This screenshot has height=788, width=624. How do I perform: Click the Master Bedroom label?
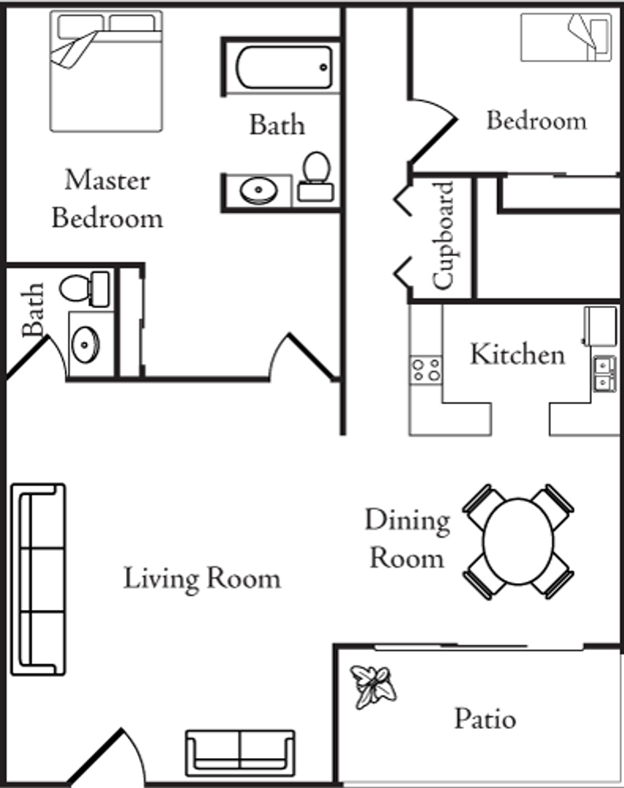(x=107, y=198)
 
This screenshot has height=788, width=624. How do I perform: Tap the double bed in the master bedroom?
(x=107, y=71)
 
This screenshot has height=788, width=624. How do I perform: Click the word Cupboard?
(x=444, y=235)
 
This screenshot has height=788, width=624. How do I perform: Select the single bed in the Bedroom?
(x=566, y=37)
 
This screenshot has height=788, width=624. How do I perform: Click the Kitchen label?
(x=517, y=355)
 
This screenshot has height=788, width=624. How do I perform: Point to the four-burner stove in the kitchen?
(x=425, y=368)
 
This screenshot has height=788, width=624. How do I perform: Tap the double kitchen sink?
(x=604, y=372)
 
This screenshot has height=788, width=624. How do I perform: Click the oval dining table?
(x=518, y=541)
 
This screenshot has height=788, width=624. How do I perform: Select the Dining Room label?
(x=407, y=539)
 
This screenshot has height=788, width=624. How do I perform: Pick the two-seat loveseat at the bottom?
(x=240, y=752)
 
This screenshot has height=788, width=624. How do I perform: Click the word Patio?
(x=485, y=719)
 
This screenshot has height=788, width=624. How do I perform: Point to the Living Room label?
(x=201, y=579)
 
